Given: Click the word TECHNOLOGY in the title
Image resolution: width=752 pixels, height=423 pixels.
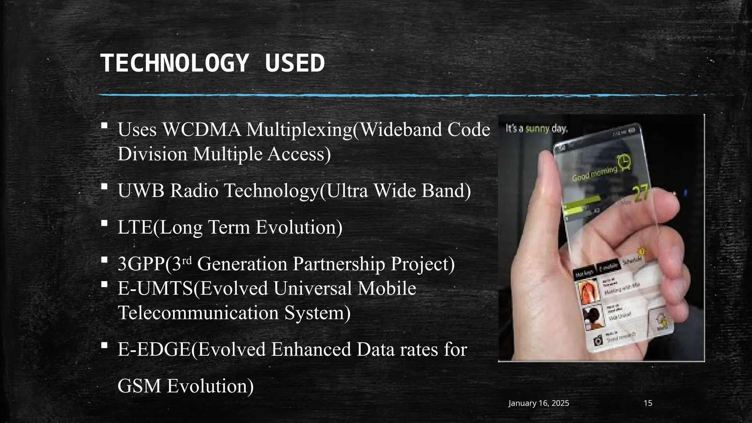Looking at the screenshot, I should [175, 63].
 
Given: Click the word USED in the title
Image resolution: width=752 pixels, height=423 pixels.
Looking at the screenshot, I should [295, 63].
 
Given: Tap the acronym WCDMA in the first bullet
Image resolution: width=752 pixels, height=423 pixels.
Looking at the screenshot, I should [202, 130].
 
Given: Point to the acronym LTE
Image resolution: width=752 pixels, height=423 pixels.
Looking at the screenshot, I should [135, 227].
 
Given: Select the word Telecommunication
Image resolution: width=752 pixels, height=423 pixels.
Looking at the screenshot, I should [198, 313].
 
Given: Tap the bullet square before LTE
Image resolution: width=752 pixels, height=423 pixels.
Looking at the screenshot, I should [104, 223].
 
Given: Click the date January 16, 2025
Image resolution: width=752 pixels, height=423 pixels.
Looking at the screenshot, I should [539, 403].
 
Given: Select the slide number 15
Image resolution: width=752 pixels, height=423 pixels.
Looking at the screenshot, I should [648, 403].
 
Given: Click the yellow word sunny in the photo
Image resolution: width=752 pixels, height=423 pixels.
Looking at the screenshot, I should [537, 129].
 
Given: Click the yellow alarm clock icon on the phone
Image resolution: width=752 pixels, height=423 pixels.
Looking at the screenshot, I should [624, 162].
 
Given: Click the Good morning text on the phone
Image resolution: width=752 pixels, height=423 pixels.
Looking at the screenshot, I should [594, 174].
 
